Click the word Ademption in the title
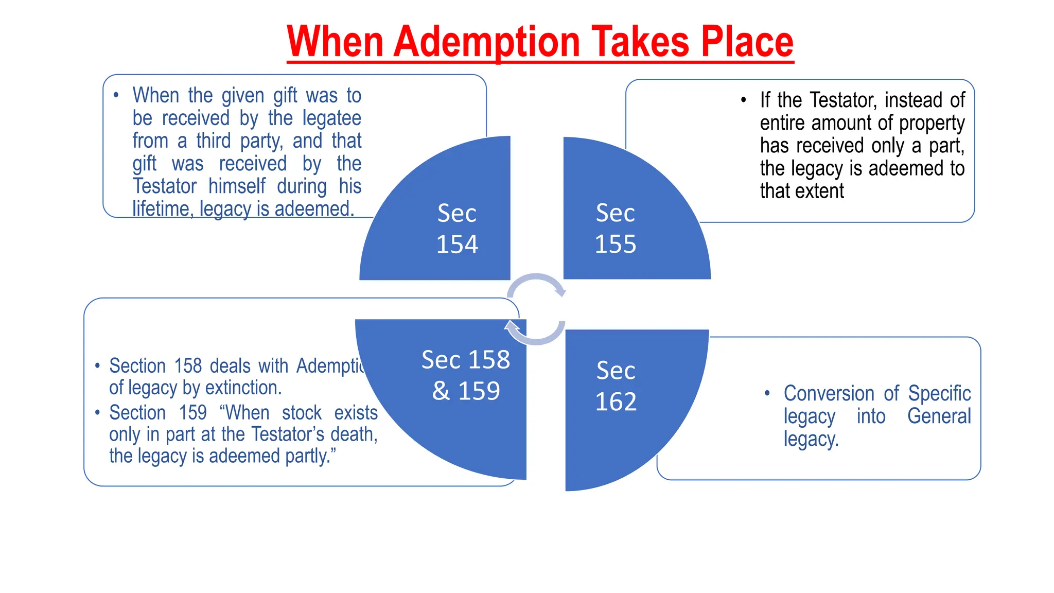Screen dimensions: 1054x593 coord(487,42)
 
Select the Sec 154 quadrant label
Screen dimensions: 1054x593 coord(457,228)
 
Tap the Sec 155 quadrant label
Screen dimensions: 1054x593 coord(616,228)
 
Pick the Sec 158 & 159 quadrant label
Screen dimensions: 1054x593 coord(466,375)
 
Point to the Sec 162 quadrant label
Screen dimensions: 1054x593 coord(616,386)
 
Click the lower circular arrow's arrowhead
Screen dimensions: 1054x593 coord(512,326)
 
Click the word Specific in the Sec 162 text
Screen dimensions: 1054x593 coord(939,394)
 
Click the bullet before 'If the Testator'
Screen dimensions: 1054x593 coord(743,100)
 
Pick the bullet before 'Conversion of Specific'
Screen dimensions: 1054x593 coord(767,393)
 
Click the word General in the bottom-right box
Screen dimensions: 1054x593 coord(939,416)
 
